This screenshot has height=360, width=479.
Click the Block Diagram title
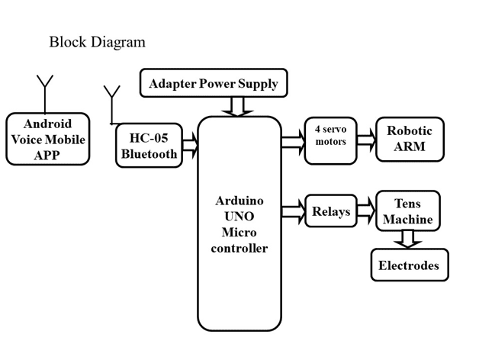coord(97,42)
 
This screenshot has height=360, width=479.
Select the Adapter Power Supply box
coord(214,83)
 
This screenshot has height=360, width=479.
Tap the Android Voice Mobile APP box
coord(48,140)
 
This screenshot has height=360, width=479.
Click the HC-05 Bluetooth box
coord(149,145)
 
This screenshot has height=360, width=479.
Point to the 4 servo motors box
coord(330,140)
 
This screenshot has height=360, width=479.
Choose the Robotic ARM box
coord(409,138)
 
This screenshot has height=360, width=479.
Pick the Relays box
coord(330,211)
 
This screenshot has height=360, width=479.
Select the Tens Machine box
coord(407,211)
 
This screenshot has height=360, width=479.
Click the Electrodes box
coord(409,265)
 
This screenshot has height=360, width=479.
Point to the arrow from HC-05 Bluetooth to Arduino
coord(190,143)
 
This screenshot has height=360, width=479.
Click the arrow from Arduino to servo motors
coord(292,141)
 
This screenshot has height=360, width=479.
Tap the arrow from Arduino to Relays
coord(292,207)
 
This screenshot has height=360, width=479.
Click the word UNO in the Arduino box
coord(239,217)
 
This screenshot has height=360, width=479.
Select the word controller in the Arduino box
coord(239,248)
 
